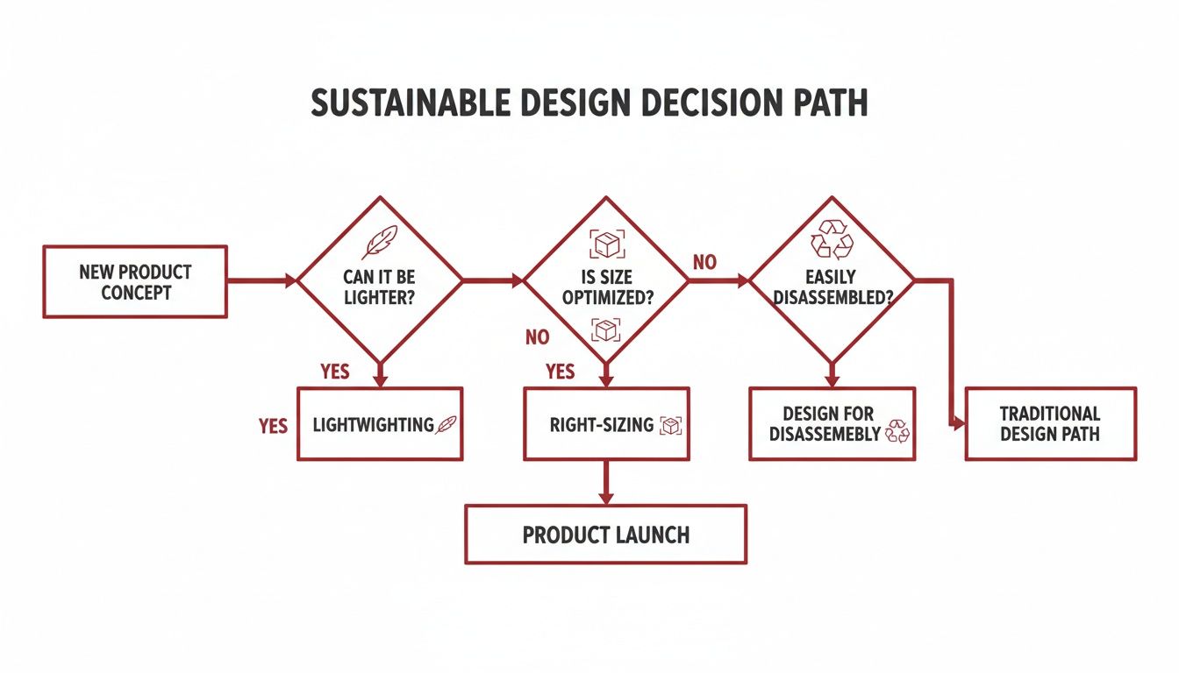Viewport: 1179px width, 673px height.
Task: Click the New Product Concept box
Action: coord(134,281)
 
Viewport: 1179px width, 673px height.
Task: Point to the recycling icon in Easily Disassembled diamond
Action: coord(831,238)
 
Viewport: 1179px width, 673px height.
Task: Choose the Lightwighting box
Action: coord(379,424)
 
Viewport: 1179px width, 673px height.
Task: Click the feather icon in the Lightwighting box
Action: coord(447,424)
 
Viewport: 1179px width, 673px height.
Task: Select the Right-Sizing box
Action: coord(606,424)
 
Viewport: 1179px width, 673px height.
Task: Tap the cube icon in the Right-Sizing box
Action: coord(671,426)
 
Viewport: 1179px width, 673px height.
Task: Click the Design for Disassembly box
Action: coord(831,424)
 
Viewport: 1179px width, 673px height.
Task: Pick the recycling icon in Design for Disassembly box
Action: coord(898,430)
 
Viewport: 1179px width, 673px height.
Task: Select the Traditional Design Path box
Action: coord(1050,424)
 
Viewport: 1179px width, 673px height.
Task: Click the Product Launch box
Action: coord(605,534)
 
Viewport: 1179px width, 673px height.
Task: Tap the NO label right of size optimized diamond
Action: coord(705,261)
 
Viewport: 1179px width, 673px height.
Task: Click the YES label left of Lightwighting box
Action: coord(273,426)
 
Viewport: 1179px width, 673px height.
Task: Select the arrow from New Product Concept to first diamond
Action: coord(261,281)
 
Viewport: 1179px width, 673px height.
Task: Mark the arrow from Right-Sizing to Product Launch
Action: coord(605,482)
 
